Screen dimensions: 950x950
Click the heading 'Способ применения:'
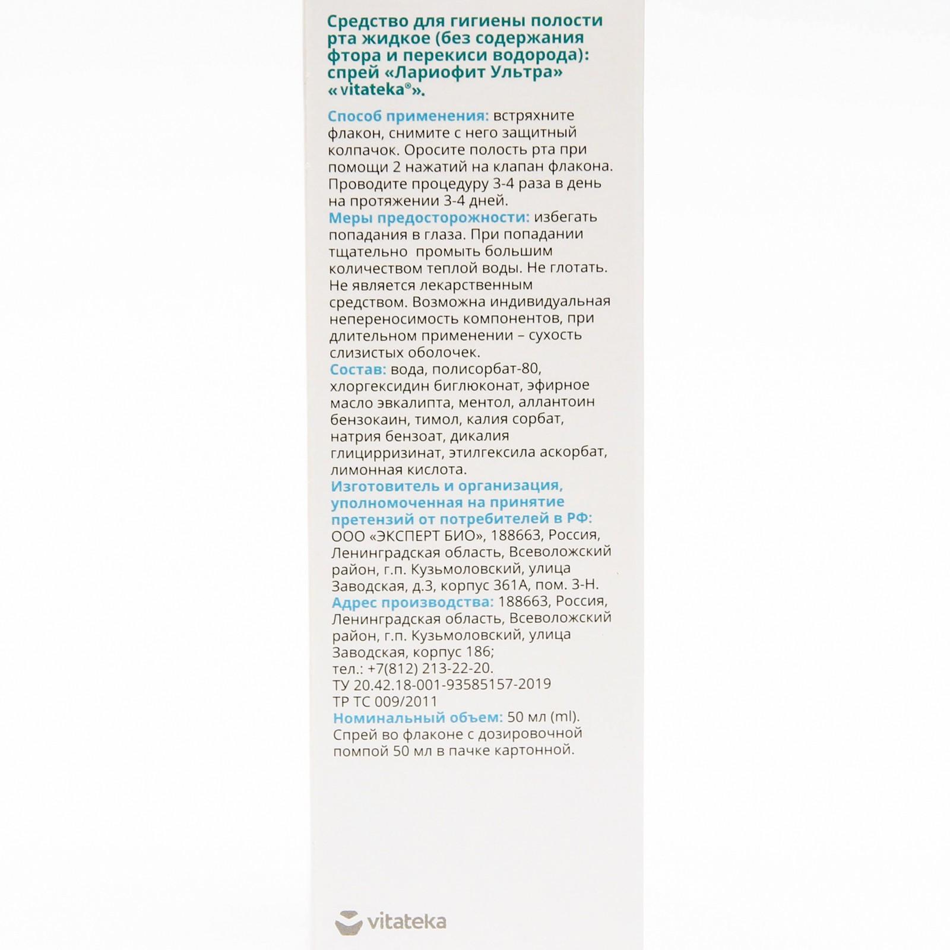click(408, 116)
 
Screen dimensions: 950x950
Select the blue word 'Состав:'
click(358, 369)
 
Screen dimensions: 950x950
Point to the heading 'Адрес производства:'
click(413, 601)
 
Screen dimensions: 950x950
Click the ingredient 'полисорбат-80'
click(486, 369)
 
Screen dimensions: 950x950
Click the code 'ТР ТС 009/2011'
click(385, 701)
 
